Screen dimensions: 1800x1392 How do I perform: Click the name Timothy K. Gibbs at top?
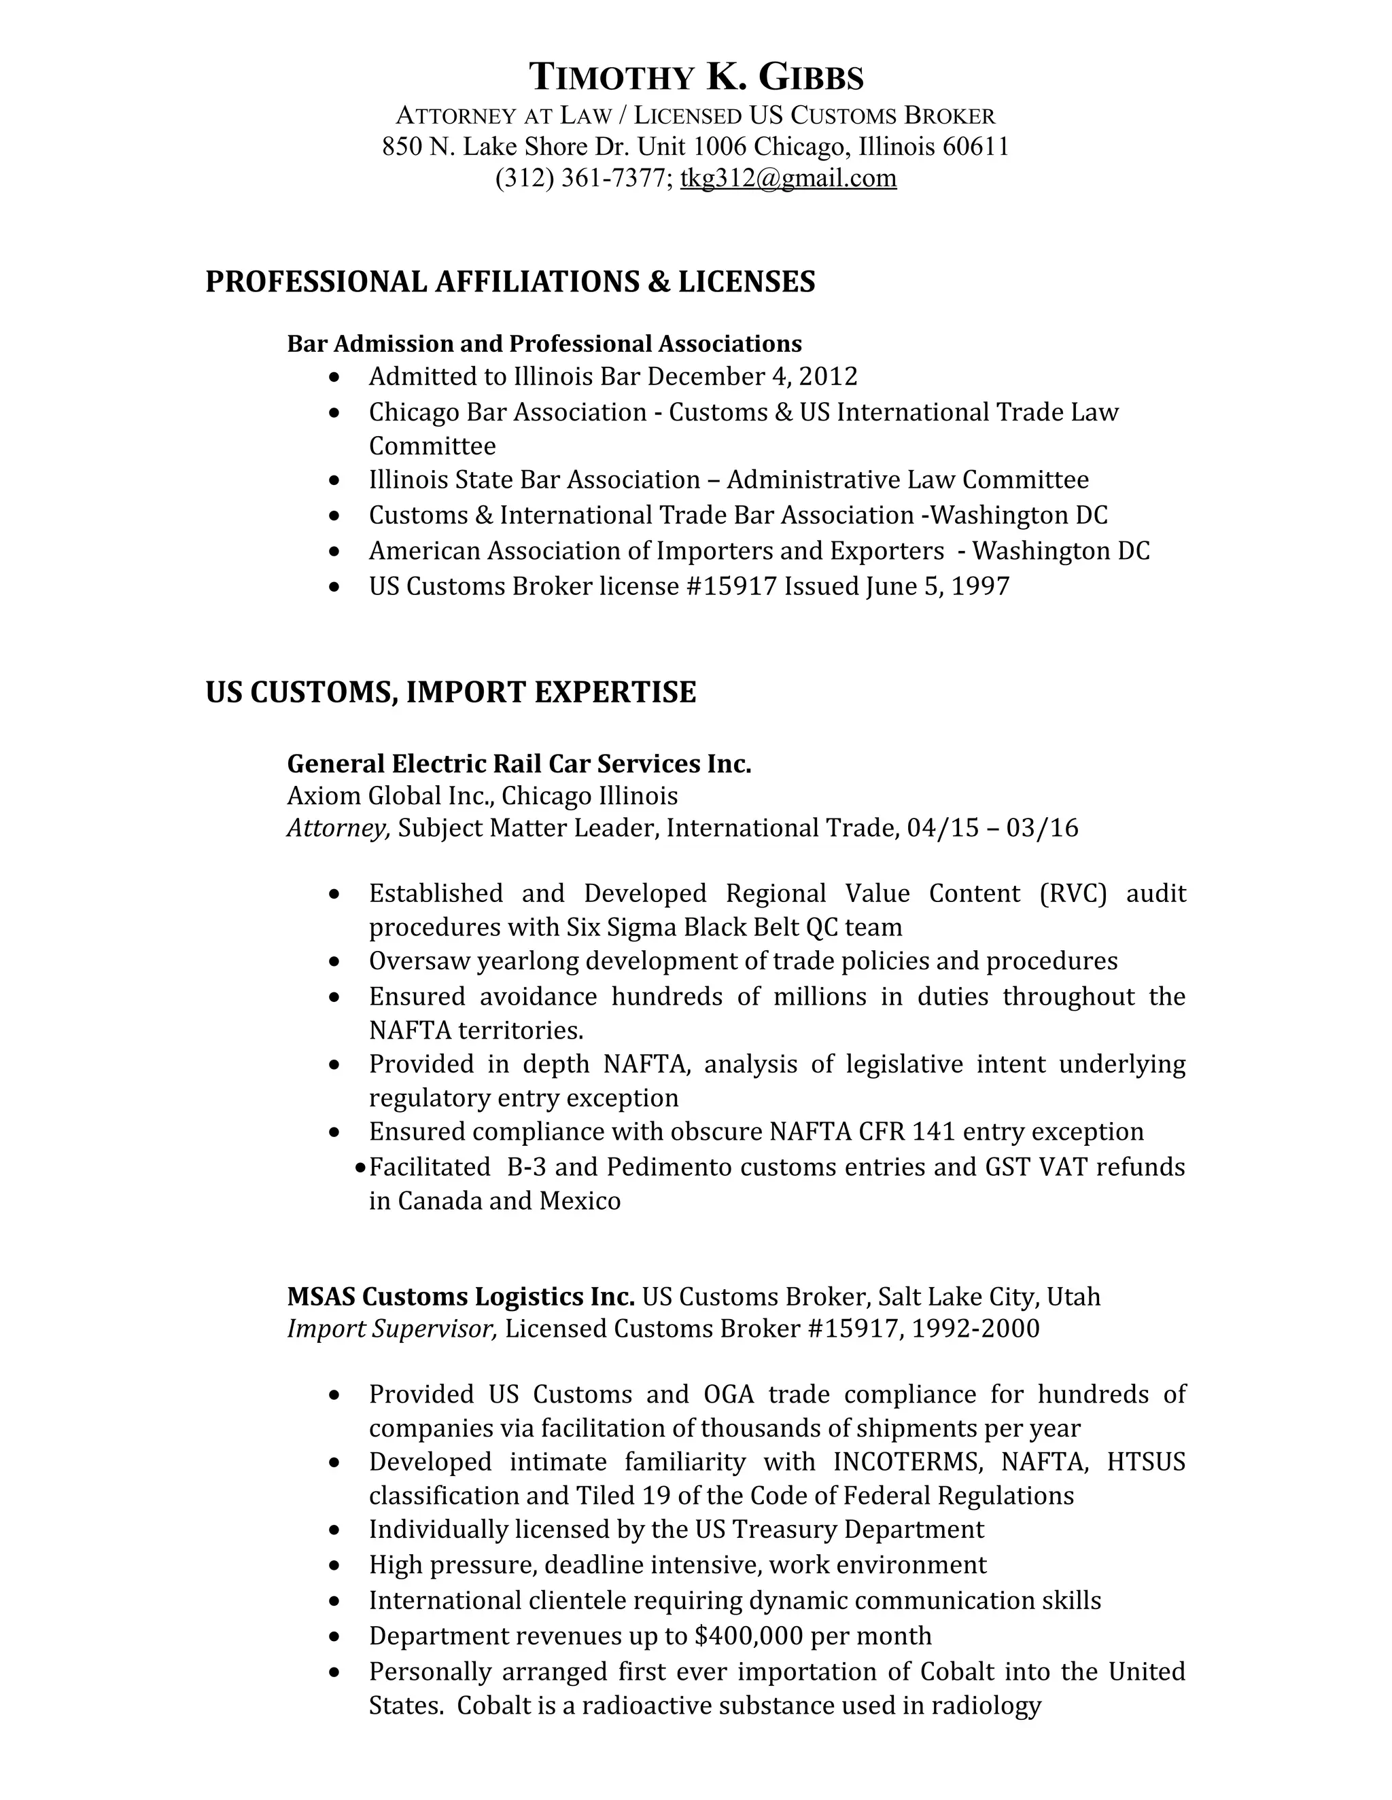(x=695, y=77)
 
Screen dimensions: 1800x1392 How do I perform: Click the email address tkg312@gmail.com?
(x=788, y=178)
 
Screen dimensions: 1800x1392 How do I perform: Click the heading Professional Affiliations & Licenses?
(x=510, y=282)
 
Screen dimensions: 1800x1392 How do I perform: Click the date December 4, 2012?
(x=752, y=377)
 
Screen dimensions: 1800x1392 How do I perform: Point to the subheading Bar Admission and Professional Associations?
(x=544, y=344)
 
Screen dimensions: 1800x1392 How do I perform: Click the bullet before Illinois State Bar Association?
(x=333, y=480)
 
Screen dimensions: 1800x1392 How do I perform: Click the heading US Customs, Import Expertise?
(x=450, y=691)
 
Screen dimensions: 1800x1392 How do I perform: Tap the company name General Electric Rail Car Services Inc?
(x=519, y=764)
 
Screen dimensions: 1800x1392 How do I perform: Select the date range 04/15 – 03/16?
(x=992, y=827)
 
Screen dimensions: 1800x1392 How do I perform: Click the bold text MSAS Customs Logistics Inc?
(x=460, y=1297)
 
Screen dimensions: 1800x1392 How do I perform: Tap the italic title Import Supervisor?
(x=391, y=1329)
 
